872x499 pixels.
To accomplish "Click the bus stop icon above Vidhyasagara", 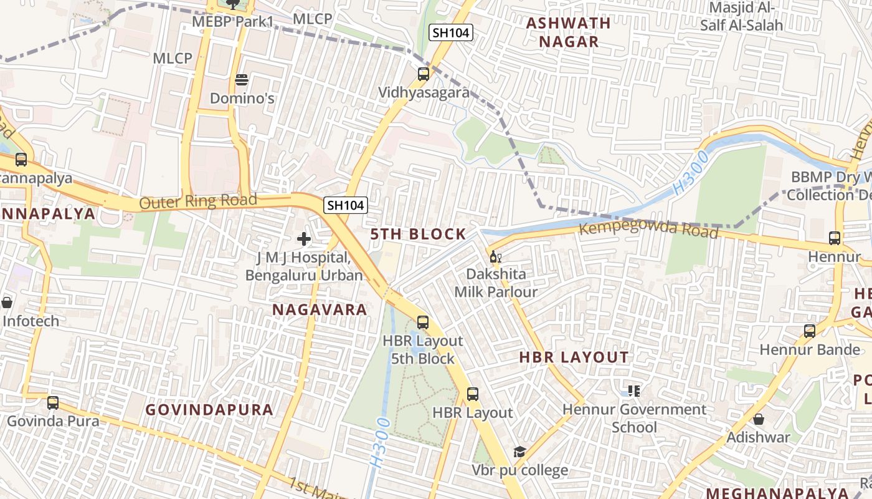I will [424, 74].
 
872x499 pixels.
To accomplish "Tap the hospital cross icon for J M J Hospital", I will [304, 239].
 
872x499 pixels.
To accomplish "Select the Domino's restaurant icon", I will [242, 80].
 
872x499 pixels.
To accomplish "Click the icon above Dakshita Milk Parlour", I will [495, 256].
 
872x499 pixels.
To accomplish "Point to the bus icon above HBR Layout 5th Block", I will [423, 322].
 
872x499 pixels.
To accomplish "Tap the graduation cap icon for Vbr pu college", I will [519, 452].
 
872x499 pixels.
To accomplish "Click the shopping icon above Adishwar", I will [759, 419].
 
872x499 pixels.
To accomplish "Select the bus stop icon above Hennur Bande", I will [810, 331].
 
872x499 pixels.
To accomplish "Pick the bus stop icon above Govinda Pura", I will [53, 403].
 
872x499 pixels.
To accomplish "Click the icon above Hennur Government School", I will [634, 391].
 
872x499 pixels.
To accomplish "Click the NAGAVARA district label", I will [320, 309].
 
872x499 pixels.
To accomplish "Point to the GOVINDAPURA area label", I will [209, 410].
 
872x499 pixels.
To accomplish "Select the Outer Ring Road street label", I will [198, 201].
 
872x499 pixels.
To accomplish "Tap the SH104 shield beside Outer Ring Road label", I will [345, 205].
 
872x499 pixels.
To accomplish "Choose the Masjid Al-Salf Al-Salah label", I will [741, 17].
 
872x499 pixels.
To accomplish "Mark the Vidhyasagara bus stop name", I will [424, 92].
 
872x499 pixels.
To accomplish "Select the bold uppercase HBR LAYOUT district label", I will [574, 357].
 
